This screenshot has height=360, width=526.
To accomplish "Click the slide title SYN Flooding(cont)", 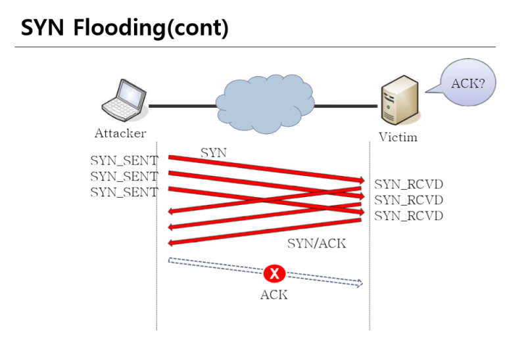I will tap(125, 29).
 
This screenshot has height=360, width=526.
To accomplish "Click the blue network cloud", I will tap(264, 104).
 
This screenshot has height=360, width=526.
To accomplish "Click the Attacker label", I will tap(120, 134).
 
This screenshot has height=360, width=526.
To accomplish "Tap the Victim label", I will tap(398, 137).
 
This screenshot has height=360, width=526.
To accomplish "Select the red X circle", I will tap(274, 273).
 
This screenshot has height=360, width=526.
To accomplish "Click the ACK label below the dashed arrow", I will tap(274, 295).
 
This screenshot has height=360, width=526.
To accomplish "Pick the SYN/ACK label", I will tap(316, 243).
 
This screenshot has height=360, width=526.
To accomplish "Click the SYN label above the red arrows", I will tap(213, 152).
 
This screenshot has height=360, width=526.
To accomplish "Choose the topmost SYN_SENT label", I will tap(124, 160).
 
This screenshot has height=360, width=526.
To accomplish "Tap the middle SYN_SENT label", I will tap(124, 176).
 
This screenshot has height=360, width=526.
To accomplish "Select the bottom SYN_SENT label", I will tap(124, 192).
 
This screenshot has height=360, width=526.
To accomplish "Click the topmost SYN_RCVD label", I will tap(408, 184).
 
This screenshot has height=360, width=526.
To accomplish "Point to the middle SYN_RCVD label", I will tap(408, 200).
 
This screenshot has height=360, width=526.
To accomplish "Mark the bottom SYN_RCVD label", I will tap(408, 215).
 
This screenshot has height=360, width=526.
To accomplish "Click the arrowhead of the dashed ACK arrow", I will tap(359, 284).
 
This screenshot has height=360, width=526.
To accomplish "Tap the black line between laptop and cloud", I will tap(182, 105).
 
